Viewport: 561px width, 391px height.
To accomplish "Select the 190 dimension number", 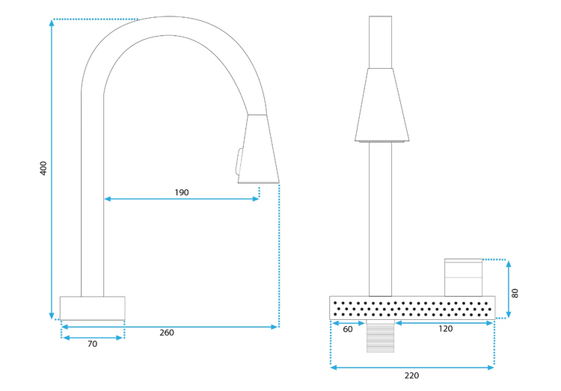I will [x=181, y=192].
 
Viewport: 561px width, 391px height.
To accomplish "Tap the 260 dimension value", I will [x=166, y=332].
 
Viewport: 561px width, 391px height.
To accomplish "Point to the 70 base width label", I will [x=92, y=345].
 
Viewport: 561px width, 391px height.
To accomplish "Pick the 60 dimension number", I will [x=347, y=329].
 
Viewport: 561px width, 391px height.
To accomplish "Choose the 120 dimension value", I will [x=446, y=329].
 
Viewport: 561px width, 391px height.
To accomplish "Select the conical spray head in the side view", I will [x=258, y=149].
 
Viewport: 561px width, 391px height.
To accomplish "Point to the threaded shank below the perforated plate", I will [x=381, y=339].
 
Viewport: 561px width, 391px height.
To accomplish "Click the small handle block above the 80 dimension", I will [x=464, y=277].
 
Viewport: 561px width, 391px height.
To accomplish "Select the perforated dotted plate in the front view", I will [x=412, y=307].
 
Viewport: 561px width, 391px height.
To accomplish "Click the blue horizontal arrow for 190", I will [x=182, y=199].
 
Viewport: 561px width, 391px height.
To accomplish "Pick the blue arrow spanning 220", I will [x=411, y=366].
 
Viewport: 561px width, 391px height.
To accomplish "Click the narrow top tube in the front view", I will [x=381, y=42].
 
